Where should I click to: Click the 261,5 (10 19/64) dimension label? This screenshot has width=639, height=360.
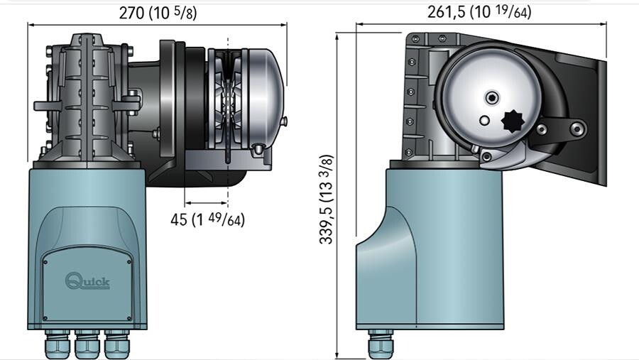click(479, 11)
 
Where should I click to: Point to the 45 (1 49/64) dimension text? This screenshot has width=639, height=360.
click(207, 219)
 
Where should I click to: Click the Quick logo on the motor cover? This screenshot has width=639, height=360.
click(87, 281)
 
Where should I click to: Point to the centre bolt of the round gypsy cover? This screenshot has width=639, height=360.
click(491, 97)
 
